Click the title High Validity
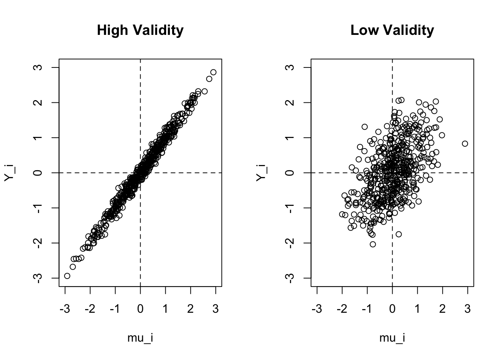tap(140, 30)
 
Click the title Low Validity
tap(392, 30)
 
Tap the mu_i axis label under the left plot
tap(140, 338)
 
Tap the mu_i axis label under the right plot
tap(392, 338)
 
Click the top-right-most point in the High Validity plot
tap(213, 72)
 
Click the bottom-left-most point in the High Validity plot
tap(67, 276)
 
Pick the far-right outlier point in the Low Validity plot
tap(465, 144)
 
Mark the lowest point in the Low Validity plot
tap(373, 244)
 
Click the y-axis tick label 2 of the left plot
tap(39, 102)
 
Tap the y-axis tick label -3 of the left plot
tap(39, 277)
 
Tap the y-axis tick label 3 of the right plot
tap(291, 67)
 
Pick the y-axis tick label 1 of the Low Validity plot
tap(291, 138)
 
